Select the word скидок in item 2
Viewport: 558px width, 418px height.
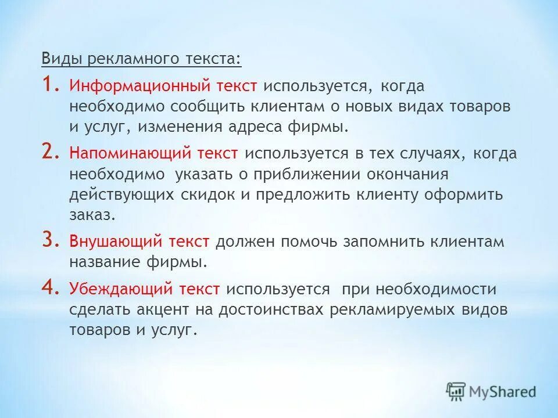[212, 194]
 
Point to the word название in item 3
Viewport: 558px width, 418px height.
[105, 262]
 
